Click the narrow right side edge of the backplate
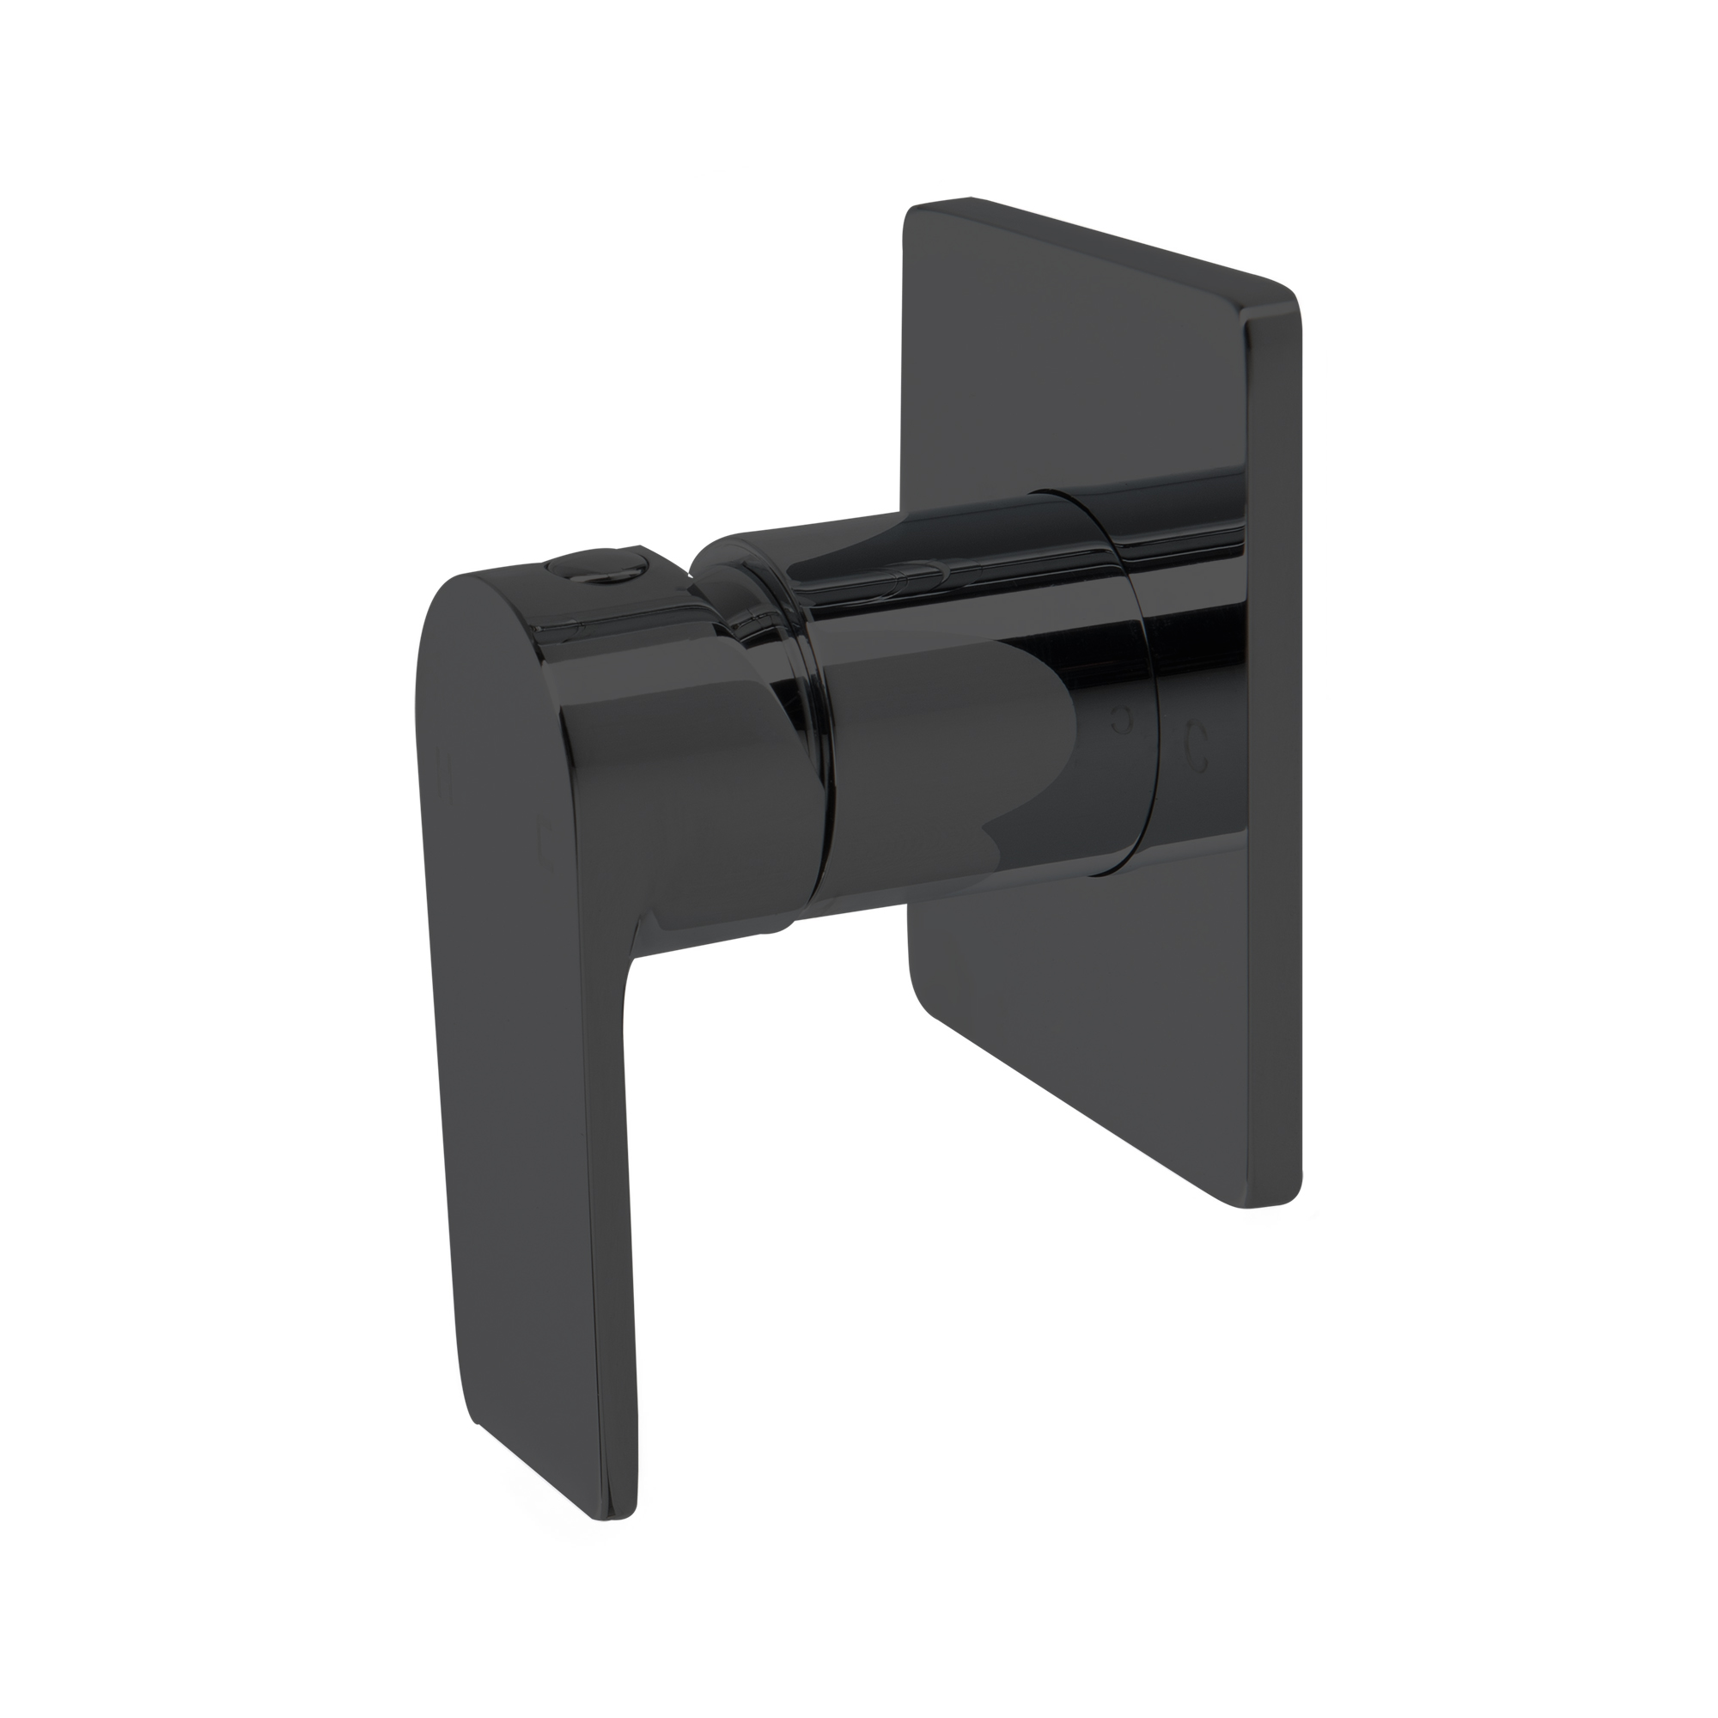[x=1273, y=756]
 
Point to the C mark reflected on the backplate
[x=1197, y=734]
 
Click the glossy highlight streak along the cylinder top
[x=978, y=587]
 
